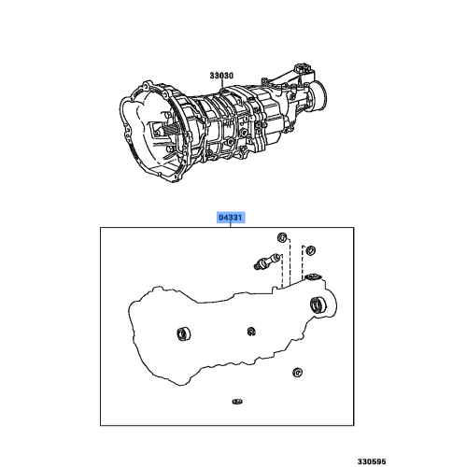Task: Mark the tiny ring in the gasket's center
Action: tap(252, 331)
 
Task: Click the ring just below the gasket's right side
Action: tap(296, 374)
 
